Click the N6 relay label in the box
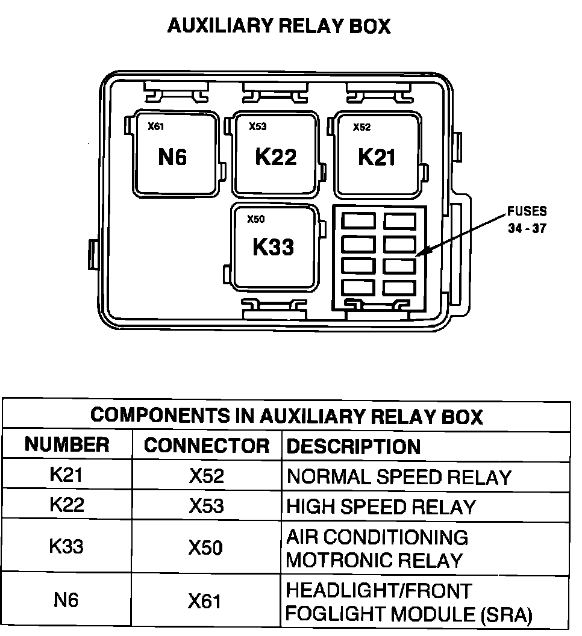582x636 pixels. tap(173, 157)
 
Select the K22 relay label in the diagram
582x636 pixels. tap(276, 157)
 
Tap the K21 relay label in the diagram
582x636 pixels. tap(377, 157)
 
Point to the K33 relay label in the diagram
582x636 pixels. tap(274, 247)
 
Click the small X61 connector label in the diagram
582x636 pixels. tap(156, 126)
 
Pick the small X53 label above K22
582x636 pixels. tap(258, 126)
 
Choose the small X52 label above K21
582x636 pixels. tap(361, 127)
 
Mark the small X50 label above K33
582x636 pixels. tap(256, 219)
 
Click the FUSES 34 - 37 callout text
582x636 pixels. tap(527, 220)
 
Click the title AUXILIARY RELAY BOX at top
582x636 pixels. tap(279, 26)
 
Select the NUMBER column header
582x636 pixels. tap(67, 445)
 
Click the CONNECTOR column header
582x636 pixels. tap(207, 446)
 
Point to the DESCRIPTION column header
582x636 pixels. tap(354, 446)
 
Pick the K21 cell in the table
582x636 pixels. tap(66, 475)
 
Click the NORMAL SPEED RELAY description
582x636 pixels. tap(399, 477)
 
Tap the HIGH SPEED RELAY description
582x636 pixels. tap(381, 507)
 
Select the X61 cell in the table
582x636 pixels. tap(205, 601)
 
